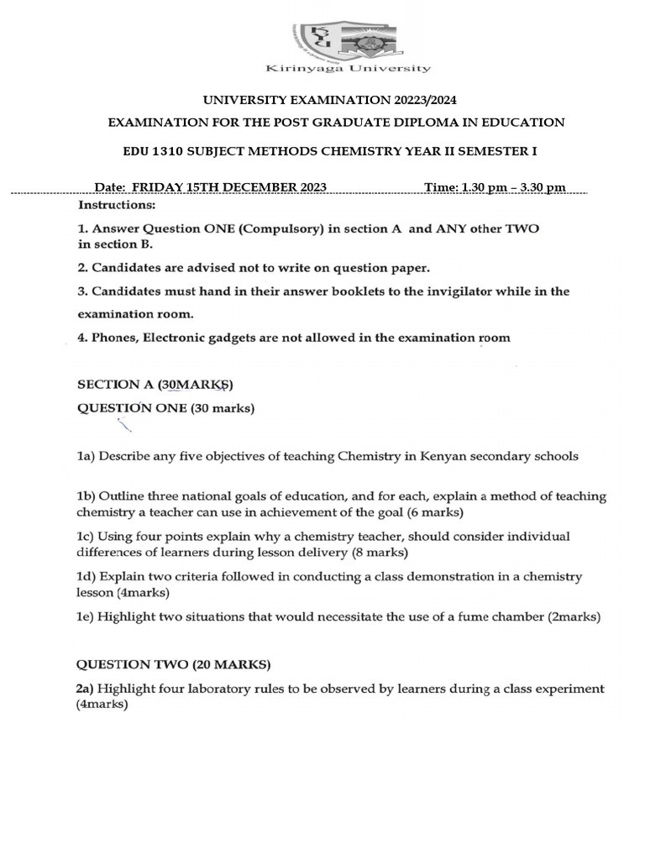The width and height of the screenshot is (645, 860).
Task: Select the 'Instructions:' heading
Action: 117,205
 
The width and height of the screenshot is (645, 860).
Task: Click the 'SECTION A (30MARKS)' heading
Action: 155,385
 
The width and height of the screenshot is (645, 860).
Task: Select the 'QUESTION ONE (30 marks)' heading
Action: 166,409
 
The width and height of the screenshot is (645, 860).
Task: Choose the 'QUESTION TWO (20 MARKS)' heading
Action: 174,664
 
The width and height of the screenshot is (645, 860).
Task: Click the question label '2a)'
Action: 87,689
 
